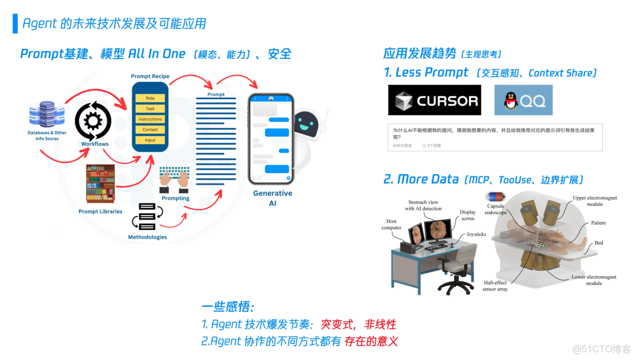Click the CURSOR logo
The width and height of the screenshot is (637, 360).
[x=434, y=100]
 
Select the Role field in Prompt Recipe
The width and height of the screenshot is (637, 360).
[x=150, y=98]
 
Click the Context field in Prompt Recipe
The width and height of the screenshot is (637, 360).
[x=150, y=129]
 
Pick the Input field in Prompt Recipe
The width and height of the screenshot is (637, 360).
[x=150, y=140]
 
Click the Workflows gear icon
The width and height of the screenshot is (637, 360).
[x=93, y=120]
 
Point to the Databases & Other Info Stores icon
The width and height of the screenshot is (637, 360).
[x=47, y=114]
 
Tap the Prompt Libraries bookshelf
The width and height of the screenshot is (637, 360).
[x=100, y=184]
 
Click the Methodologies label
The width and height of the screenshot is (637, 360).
[x=147, y=237]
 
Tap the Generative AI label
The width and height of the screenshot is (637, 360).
[x=272, y=198]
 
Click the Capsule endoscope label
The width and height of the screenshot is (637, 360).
[x=495, y=210]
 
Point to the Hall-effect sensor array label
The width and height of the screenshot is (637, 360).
[x=495, y=286]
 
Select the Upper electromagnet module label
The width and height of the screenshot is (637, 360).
[x=595, y=201]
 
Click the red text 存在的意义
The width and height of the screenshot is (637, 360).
[x=371, y=341]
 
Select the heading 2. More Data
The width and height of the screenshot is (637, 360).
[x=421, y=179]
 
